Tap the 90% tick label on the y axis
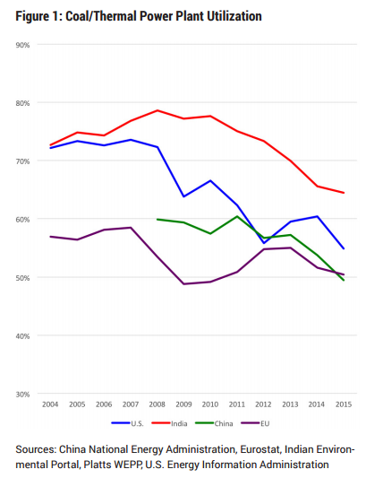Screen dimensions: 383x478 pos(22,45)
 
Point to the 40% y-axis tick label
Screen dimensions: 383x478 pos(22,336)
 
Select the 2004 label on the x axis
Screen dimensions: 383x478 pos(50,404)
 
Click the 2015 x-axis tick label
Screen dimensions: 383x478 pos(344,404)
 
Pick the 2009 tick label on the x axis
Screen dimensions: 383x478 pos(183,404)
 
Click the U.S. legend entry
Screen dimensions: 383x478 pos(127,423)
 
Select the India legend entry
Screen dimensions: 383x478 pos(169,423)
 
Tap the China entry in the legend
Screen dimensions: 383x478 pos(214,423)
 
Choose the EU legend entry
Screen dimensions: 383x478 pos(255,423)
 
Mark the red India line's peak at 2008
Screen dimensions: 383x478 pos(157,110)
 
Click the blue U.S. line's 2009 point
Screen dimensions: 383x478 pos(183,196)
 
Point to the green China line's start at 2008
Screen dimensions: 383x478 pos(157,219)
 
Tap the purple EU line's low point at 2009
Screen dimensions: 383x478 pos(183,284)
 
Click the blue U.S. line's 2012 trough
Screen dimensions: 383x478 pos(264,243)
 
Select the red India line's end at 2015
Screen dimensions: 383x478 pos(344,193)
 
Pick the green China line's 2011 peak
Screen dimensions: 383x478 pos(237,216)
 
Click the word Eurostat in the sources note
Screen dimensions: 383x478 pos(260,449)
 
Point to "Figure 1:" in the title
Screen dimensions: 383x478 pos(39,16)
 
